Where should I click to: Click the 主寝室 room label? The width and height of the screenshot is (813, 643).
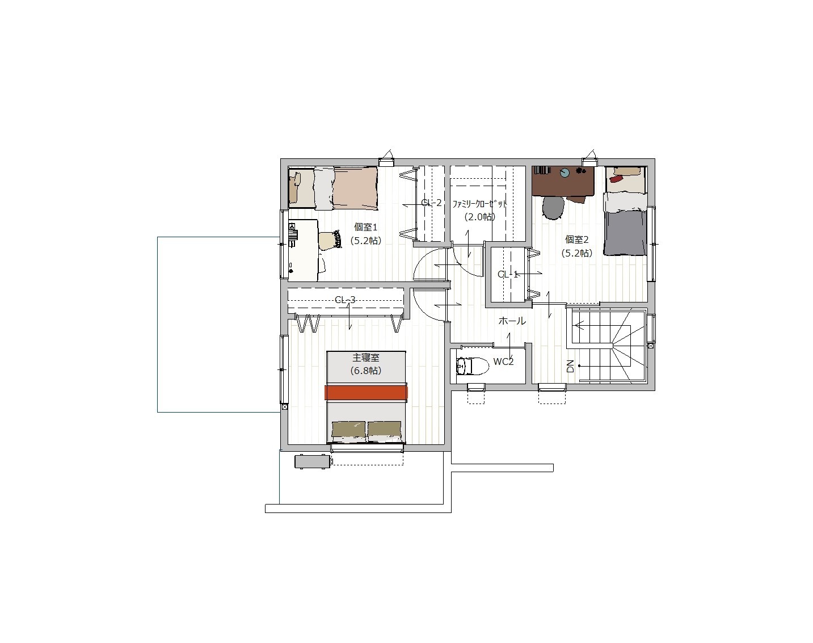(x=365, y=358)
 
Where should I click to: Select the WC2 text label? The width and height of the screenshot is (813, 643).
(x=503, y=362)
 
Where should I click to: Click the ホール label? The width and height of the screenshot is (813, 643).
(x=512, y=321)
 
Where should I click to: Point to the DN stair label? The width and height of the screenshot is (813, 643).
(x=570, y=366)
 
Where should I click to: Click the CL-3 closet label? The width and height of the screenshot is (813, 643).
(x=345, y=300)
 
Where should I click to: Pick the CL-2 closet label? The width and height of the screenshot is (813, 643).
(x=431, y=203)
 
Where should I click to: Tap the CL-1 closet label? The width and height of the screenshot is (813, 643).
(x=508, y=275)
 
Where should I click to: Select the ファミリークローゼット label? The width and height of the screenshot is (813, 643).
(x=480, y=204)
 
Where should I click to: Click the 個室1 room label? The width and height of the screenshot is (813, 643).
(x=365, y=227)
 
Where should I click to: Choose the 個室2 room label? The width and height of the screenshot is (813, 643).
(x=576, y=239)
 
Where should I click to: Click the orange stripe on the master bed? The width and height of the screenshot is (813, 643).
(x=366, y=392)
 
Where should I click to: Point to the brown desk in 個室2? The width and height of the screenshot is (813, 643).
(x=563, y=181)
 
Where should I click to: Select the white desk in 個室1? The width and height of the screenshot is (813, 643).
(x=303, y=250)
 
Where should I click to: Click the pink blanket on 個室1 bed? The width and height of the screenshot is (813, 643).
(x=355, y=187)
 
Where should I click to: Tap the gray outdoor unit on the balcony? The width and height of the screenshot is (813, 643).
(x=312, y=461)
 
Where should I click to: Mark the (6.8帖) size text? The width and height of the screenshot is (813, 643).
(x=365, y=371)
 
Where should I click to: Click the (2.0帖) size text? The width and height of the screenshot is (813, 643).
(x=480, y=217)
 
